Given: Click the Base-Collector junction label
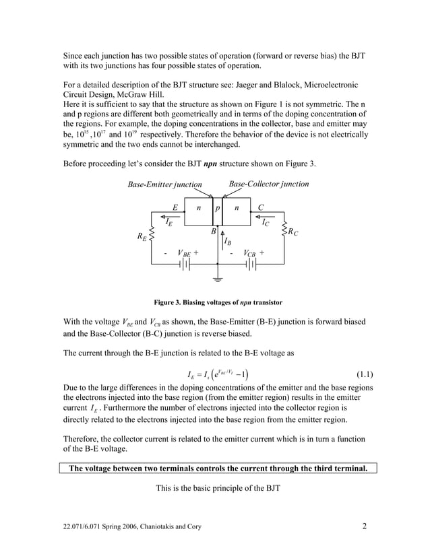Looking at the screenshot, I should pyautogui.click(x=268, y=184).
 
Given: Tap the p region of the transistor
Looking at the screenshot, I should pyautogui.click(x=217, y=209).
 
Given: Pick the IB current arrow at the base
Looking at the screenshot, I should pyautogui.click(x=221, y=236).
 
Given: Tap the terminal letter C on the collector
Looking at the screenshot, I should pyautogui.click(x=260, y=208).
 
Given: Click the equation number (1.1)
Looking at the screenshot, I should pyautogui.click(x=364, y=374).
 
